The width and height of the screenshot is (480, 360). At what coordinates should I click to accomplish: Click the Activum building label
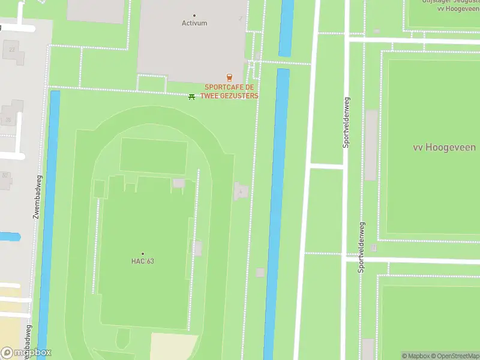point(194,23)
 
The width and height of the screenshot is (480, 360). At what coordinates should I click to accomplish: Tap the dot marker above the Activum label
point(194,15)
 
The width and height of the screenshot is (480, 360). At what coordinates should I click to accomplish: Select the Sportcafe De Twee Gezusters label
point(232,91)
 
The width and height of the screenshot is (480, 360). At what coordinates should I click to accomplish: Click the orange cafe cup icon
point(229,77)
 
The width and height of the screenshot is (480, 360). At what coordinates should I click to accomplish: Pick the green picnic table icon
point(191,96)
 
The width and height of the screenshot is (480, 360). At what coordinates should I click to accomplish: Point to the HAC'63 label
point(143,261)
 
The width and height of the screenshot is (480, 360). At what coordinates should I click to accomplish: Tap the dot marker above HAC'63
point(143,253)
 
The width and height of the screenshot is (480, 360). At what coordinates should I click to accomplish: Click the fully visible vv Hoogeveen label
point(444,147)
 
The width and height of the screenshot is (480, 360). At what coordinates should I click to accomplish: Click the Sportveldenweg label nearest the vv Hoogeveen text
point(346,122)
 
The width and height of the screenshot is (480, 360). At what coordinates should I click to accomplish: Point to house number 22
point(12,49)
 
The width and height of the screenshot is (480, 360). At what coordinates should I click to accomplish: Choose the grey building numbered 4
point(241,191)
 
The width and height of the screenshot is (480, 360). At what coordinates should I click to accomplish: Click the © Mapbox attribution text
point(415,356)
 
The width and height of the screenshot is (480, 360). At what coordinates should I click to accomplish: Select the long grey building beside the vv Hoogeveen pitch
point(371,145)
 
